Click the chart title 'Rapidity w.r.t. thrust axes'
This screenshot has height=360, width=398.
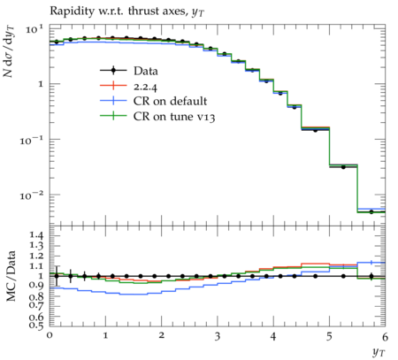click(x=119, y=11)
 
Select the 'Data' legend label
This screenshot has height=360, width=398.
click(x=146, y=72)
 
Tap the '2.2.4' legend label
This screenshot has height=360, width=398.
click(x=145, y=87)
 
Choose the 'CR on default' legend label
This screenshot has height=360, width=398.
click(x=170, y=101)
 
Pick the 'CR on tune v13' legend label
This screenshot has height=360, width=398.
click(x=174, y=117)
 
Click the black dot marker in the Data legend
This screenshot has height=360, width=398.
click(x=113, y=71)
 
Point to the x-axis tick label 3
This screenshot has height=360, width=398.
click(x=218, y=336)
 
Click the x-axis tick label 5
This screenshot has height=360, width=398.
click(x=329, y=336)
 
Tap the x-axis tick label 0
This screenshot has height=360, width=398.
click(x=50, y=336)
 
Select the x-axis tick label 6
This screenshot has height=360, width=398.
click(x=385, y=336)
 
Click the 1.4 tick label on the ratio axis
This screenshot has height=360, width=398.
click(x=36, y=235)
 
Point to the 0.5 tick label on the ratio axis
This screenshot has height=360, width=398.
click(x=36, y=325)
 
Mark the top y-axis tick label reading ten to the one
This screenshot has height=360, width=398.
click(x=34, y=29)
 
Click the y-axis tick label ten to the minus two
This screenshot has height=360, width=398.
click(x=32, y=195)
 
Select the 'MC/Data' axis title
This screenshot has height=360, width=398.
click(x=11, y=276)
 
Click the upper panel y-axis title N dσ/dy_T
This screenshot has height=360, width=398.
click(x=9, y=52)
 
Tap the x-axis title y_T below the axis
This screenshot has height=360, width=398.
click(x=379, y=352)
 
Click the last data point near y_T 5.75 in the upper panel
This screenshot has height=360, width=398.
click(x=371, y=212)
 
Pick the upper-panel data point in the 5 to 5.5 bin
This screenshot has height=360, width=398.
click(x=343, y=167)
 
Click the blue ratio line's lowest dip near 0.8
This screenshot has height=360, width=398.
click(x=134, y=295)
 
